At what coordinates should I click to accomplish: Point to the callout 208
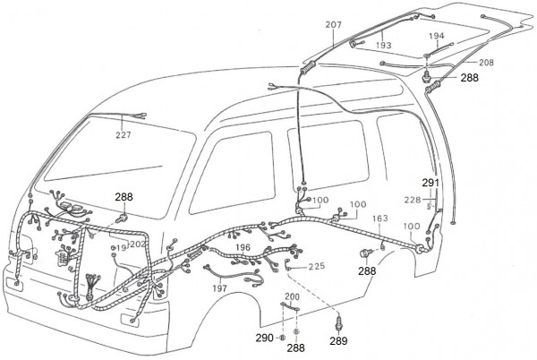(485, 63)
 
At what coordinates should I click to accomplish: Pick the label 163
(380, 218)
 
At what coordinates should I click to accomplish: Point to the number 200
(293, 296)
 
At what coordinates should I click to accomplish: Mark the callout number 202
(139, 244)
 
